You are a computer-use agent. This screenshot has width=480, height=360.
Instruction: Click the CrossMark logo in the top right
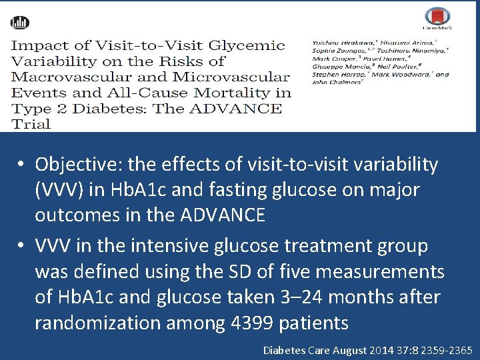tap(437, 19)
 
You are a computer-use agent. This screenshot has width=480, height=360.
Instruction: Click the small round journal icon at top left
tap(20, 22)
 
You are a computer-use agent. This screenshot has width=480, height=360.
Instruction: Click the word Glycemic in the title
tap(247, 46)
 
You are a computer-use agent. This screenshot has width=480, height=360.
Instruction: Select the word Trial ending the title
tap(31, 123)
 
